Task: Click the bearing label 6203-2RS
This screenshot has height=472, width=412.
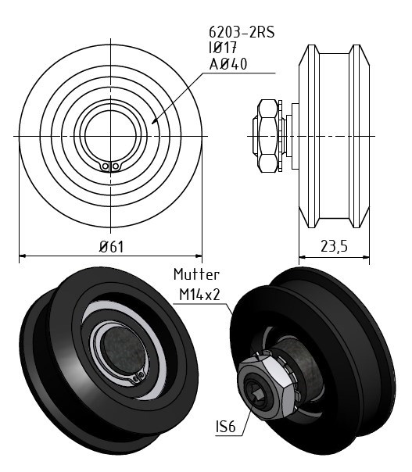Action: [x=242, y=32]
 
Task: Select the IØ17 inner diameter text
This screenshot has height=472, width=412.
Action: [x=223, y=48]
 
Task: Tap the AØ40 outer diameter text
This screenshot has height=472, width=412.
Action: [x=228, y=64]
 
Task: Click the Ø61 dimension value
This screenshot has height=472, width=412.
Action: [x=112, y=247]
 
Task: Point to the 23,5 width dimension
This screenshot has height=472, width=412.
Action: [x=334, y=246]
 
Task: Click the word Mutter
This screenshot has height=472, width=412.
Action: [x=197, y=274]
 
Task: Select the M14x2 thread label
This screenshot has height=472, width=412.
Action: [x=199, y=295]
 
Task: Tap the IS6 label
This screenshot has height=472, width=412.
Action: [x=226, y=426]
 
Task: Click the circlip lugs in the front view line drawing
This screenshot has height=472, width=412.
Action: [x=110, y=166]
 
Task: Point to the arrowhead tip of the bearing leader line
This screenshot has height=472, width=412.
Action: [x=152, y=123]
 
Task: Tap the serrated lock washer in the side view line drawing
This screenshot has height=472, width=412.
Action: [x=281, y=136]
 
